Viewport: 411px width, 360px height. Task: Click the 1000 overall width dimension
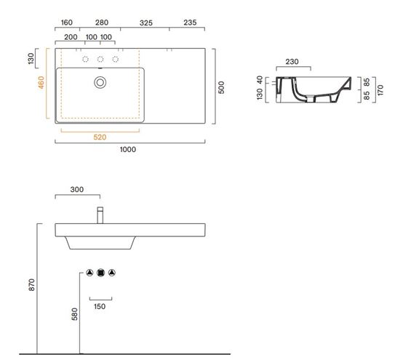point(128,150)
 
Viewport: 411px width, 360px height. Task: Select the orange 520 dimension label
point(100,137)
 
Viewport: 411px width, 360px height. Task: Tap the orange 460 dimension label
point(41,82)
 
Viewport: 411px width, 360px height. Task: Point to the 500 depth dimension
point(221,87)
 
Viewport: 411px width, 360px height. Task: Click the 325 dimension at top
point(146,23)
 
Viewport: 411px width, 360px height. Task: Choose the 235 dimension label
point(190,23)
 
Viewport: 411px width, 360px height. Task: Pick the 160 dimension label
point(67,23)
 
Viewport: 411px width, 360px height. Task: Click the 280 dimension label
point(102,23)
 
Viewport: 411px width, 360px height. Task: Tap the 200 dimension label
point(71,37)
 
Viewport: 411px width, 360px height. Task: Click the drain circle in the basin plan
point(100,82)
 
